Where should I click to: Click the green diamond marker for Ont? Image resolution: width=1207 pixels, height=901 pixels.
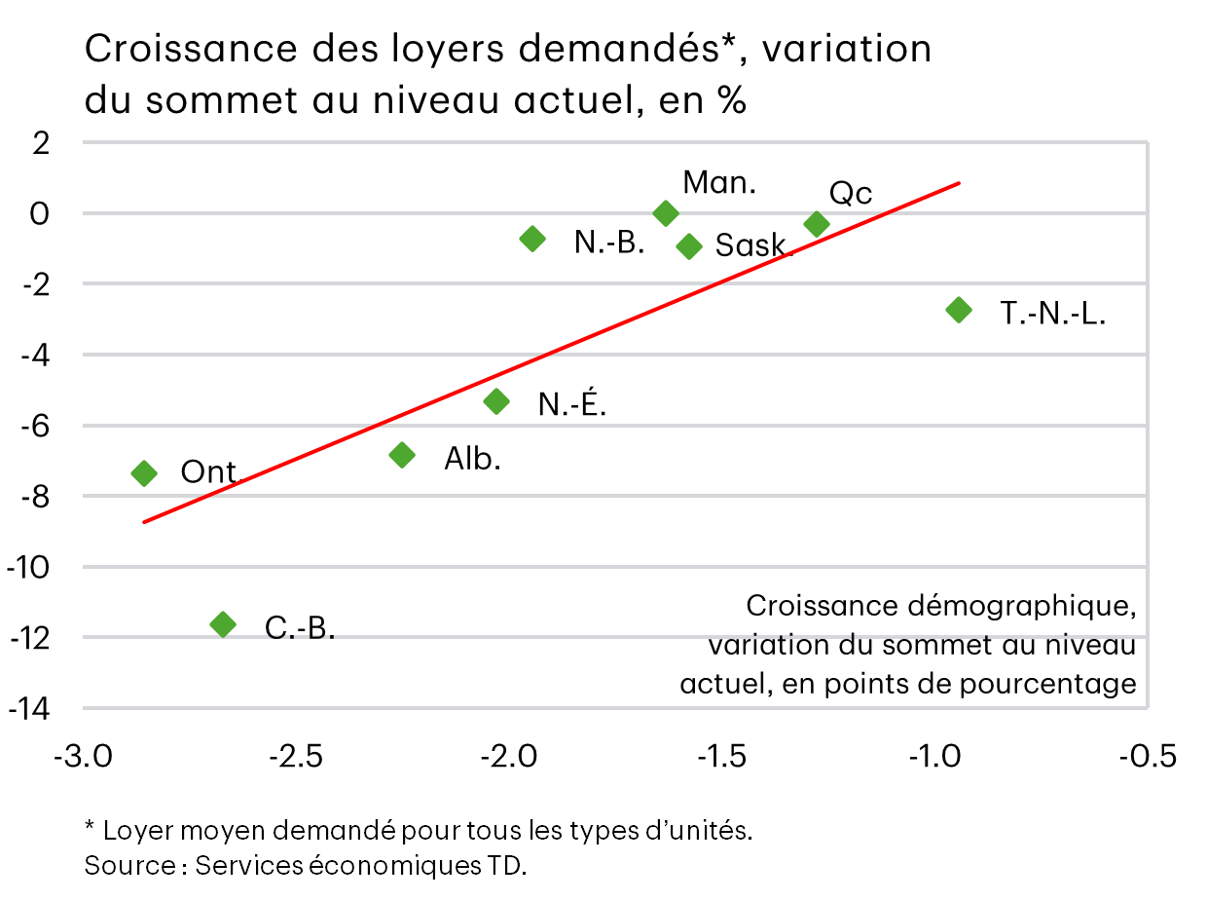click(144, 473)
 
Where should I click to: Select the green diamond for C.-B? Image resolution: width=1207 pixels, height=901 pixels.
click(223, 624)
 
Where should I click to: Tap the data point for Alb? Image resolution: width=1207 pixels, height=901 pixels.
click(402, 455)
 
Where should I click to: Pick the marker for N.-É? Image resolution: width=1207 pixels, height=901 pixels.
click(496, 401)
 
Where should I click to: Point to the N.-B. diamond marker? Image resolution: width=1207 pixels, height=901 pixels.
click(532, 239)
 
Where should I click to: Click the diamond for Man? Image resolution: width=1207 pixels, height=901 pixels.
click(666, 213)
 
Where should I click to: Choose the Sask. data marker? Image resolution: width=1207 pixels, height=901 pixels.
click(689, 245)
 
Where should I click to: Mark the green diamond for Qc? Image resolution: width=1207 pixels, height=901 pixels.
click(817, 224)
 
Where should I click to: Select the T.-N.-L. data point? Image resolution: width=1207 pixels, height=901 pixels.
click(959, 310)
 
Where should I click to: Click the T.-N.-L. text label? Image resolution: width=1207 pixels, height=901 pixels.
click(1052, 314)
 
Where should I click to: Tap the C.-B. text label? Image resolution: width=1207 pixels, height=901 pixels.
click(300, 628)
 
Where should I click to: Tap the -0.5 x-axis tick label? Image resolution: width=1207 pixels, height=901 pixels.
click(1149, 757)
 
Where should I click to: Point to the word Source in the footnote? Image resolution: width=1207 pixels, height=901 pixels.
click(128, 865)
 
